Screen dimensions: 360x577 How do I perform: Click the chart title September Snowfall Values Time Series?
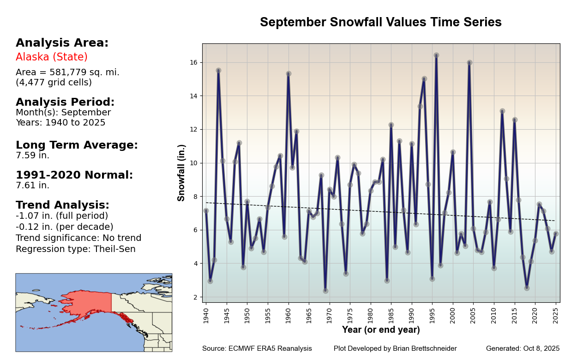380,22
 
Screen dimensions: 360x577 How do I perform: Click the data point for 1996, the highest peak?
436,55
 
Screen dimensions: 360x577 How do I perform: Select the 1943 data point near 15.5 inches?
218,71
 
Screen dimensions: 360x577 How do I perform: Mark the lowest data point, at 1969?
325,291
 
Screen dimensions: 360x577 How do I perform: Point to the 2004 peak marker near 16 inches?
469,63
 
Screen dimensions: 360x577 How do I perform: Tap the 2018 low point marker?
527,288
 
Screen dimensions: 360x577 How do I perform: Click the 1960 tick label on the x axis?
288,314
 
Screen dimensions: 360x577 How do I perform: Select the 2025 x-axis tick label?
556,314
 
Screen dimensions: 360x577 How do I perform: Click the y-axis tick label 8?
195,197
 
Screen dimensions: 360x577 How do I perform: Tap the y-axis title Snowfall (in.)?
181,173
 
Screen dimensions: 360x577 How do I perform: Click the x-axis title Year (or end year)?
381,330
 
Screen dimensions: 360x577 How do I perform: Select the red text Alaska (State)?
52,57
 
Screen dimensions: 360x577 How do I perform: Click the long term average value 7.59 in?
32,156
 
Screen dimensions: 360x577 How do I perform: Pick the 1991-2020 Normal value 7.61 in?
32,186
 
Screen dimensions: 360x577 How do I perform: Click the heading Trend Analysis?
62,205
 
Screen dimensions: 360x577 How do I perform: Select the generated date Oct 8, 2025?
541,348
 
